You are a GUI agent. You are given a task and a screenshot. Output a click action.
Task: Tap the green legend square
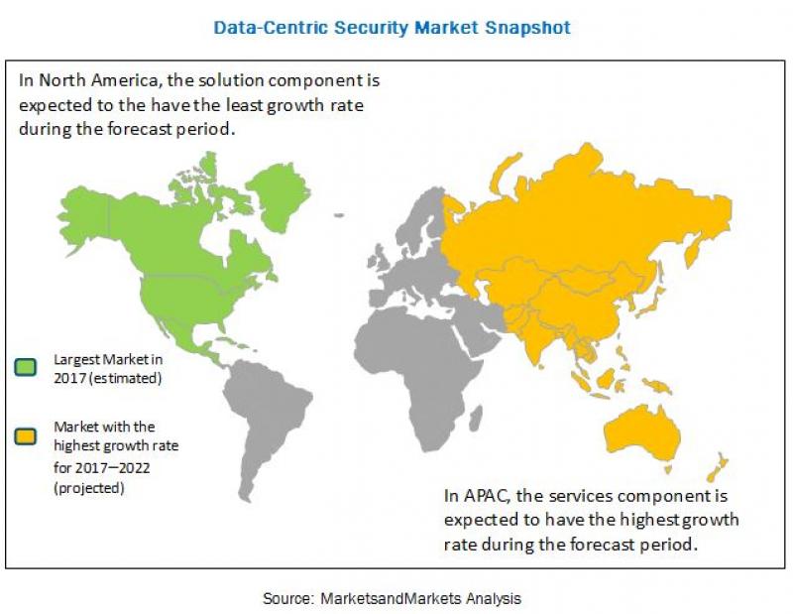point(25,369)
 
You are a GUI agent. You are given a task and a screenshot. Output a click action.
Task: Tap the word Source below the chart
point(286,598)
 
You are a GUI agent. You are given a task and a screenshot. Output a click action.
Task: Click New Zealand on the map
point(716,466)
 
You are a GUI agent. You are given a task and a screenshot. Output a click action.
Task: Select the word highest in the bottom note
point(652,519)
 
